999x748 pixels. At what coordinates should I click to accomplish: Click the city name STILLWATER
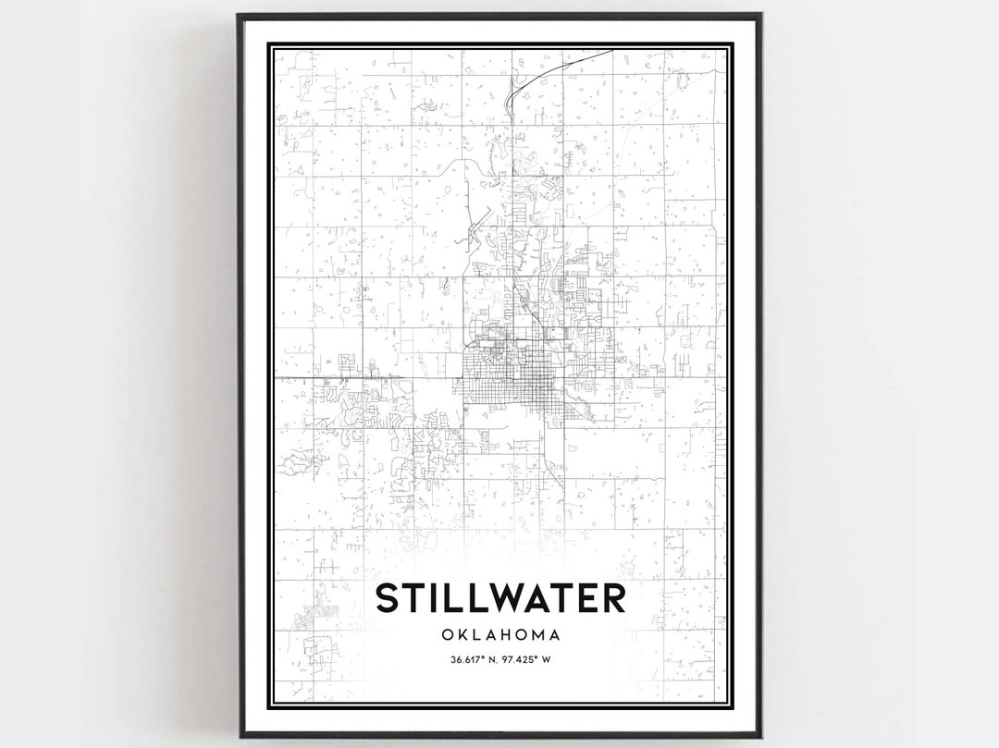pos(499,597)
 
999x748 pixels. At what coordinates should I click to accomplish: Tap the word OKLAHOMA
pos(499,635)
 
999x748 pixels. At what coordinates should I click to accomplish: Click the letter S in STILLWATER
pos(388,597)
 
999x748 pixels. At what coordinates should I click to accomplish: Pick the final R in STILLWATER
pos(612,597)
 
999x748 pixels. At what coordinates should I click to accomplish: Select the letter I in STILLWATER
pos(432,597)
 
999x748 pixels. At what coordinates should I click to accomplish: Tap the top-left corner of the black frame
pos(239,15)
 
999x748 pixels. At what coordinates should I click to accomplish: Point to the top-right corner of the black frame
pos(760,15)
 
